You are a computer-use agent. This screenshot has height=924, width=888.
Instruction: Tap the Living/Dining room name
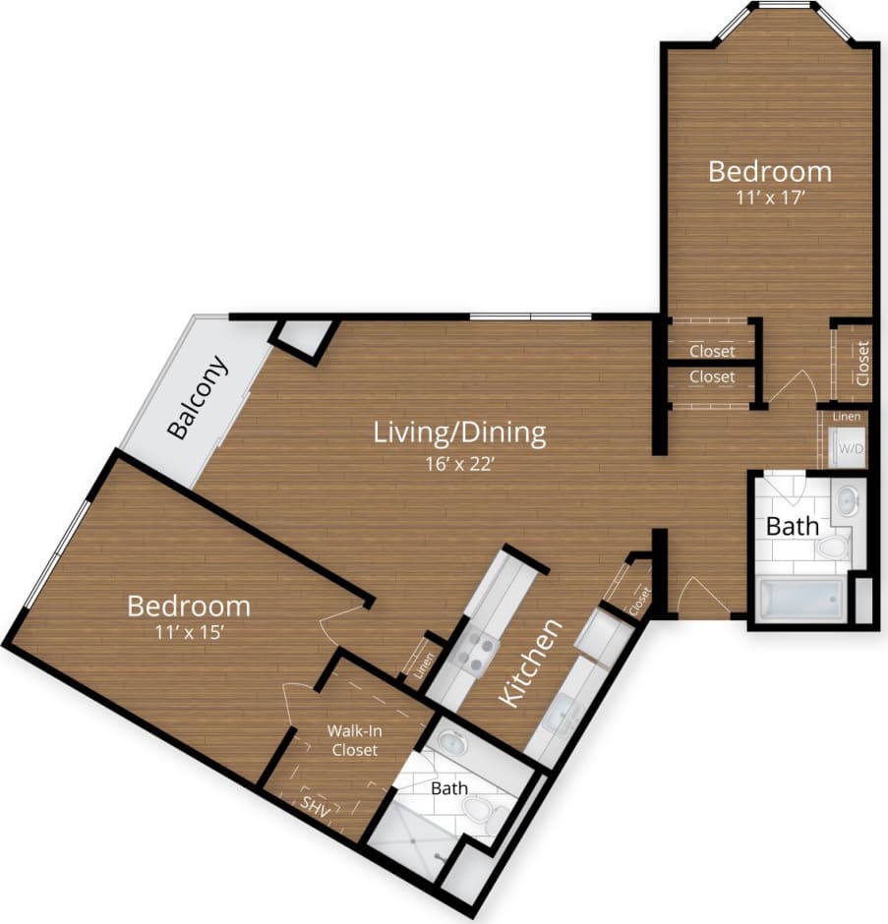coord(460,432)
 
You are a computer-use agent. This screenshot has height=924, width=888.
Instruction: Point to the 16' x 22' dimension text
coord(460,464)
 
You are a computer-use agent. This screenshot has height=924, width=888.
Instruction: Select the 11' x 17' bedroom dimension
coord(769,197)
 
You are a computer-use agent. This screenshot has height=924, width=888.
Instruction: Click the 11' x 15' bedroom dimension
coord(188,634)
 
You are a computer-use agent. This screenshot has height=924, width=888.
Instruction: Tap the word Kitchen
coord(532,663)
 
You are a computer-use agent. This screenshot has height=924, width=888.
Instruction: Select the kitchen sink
coord(560,714)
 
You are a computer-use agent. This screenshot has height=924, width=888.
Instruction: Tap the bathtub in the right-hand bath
coord(802,599)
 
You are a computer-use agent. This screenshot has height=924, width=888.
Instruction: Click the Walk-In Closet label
coord(353,740)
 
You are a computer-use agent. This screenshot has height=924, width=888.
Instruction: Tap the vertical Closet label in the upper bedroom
coord(862,362)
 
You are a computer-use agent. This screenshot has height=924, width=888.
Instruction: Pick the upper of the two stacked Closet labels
coord(711,351)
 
